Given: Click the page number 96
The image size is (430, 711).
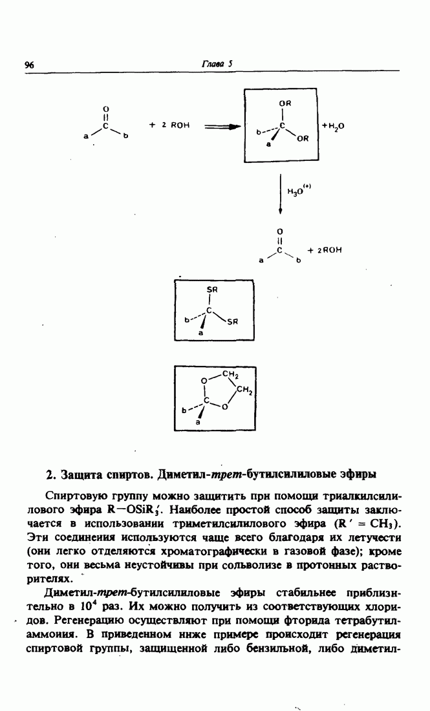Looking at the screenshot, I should coord(29,64).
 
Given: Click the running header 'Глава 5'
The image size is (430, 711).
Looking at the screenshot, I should coord(212,63).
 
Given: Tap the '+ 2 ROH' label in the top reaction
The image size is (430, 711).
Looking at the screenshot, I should coord(169,125).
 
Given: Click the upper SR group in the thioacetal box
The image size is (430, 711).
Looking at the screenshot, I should coord(211,291).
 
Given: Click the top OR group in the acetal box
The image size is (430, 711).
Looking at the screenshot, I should coord(285,103).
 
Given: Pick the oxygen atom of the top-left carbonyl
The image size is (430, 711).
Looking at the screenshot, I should coord(106,108).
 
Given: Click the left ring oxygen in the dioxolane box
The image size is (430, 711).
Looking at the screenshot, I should coord(204,381).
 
